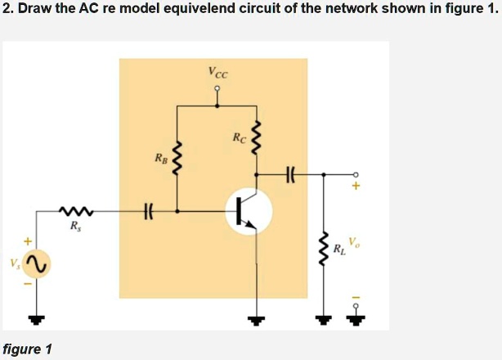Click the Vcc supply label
tap(218, 73)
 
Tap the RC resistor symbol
tap(257, 139)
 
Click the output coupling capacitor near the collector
tap(290, 173)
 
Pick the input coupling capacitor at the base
tap(149, 213)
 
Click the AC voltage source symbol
tap(37, 263)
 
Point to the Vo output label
tap(352, 242)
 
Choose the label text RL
tap(338, 250)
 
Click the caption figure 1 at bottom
tap(27, 349)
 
